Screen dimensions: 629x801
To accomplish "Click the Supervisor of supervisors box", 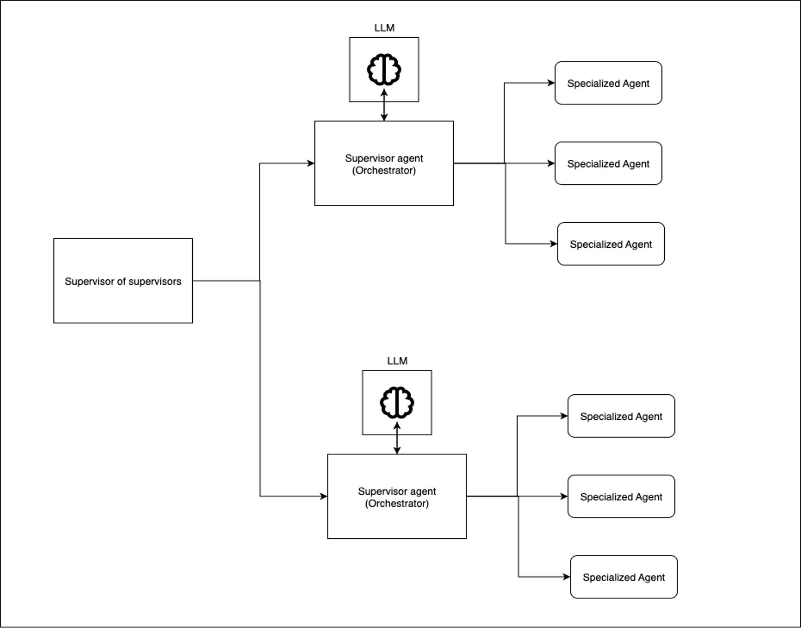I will click(123, 281).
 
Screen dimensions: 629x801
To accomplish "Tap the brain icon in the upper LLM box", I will click(384, 70).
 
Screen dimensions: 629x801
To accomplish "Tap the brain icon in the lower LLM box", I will click(397, 403).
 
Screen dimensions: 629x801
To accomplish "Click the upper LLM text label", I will click(384, 28).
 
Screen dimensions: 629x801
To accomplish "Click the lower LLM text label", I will click(397, 361).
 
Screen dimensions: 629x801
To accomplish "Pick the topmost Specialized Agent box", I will click(608, 83).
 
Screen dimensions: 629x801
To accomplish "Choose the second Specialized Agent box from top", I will click(608, 163).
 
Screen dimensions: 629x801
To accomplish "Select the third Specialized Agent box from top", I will click(611, 244).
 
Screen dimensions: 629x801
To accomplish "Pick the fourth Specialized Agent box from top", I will click(621, 416).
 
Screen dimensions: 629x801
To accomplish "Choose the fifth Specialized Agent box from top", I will click(621, 497).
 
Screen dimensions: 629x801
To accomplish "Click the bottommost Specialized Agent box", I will click(624, 577).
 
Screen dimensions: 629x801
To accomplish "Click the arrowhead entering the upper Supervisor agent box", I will click(311, 163).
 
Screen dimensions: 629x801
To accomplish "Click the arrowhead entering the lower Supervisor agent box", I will click(324, 496).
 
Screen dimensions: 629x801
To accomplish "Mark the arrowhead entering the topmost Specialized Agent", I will click(551, 83).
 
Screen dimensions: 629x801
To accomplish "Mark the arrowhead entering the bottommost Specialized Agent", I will click(566, 577).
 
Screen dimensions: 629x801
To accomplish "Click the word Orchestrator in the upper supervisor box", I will click(384, 170).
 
